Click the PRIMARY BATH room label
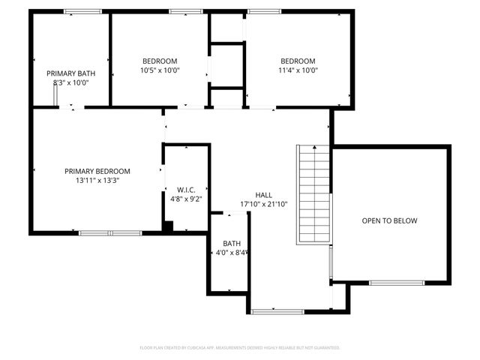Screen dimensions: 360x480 tap(70, 73)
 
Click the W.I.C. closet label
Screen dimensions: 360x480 tap(186, 189)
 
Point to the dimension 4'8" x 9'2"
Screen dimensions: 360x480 tap(186, 199)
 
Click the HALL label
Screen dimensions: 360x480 tap(264, 193)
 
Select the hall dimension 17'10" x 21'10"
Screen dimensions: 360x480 tap(264, 204)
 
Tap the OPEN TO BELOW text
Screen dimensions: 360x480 tap(389, 220)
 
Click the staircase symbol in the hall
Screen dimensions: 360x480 tap(314, 194)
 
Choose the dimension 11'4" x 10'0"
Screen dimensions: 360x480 tap(298, 70)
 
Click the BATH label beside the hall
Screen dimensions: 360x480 tap(232, 243)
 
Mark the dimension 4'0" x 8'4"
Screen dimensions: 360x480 tap(232, 253)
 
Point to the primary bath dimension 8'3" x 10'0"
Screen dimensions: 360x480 tap(70, 83)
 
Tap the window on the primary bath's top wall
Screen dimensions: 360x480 tap(82, 11)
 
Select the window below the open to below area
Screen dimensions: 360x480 tap(397, 283)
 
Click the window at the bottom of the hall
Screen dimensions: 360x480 tap(277, 311)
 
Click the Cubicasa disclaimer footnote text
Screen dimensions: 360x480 tap(240, 347)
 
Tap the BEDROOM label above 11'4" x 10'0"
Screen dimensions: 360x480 tap(298, 61)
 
